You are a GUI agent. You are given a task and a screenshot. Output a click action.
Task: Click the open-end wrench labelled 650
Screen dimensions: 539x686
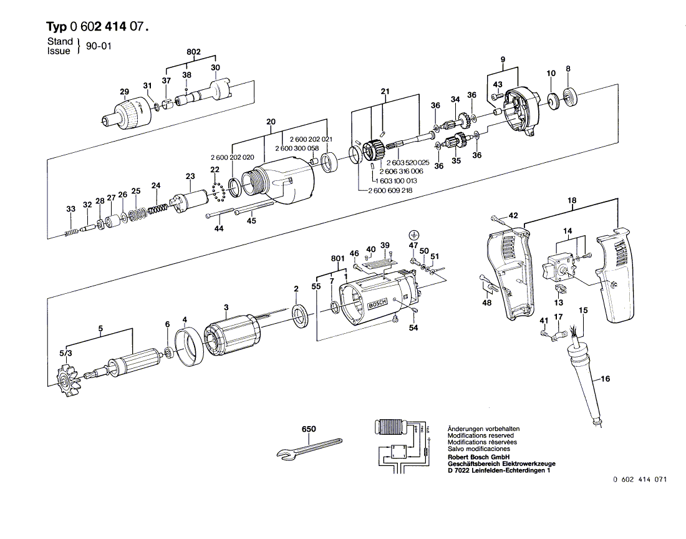[309, 447]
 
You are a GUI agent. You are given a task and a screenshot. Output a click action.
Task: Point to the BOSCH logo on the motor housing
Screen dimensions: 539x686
[378, 304]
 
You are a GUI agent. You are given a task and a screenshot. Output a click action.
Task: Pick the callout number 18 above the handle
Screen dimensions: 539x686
[571, 200]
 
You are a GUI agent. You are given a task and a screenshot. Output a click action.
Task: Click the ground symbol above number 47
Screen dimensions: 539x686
[413, 235]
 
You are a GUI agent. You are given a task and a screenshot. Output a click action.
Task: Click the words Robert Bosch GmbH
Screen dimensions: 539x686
[479, 457]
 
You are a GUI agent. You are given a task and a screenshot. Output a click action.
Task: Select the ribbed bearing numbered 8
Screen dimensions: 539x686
[569, 98]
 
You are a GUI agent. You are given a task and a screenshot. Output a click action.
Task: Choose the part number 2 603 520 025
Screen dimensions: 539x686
[408, 162]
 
